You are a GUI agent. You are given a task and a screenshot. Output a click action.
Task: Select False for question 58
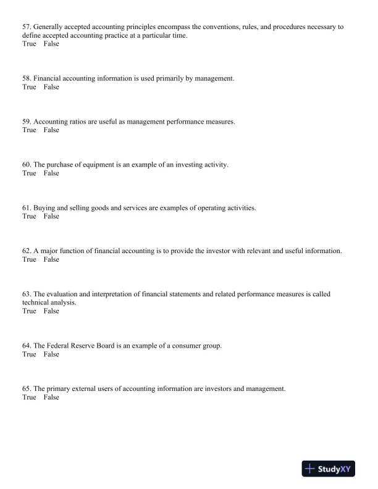click(51, 87)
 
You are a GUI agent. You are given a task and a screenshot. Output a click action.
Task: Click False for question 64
click(51, 354)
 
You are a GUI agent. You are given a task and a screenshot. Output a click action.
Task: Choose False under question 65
click(51, 398)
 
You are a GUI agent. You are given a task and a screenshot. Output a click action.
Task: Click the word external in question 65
click(83, 389)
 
